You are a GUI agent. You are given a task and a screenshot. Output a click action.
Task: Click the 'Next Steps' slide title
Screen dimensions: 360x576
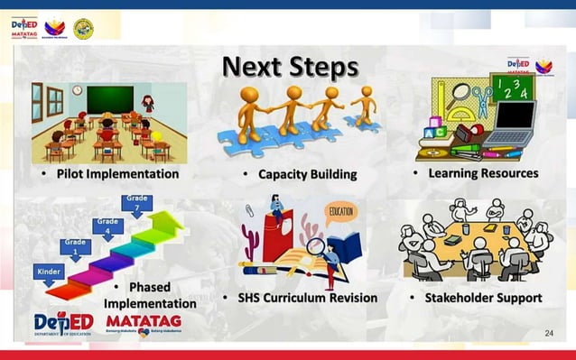tap(290, 67)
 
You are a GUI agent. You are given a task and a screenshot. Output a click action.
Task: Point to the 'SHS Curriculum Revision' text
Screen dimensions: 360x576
tap(299, 298)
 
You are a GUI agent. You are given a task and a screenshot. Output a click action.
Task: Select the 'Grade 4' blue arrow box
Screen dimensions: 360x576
tap(107, 226)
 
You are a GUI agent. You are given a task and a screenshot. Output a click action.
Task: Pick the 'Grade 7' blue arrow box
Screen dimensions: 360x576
tap(137, 203)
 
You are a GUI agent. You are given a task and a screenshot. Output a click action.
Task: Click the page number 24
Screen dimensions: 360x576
tap(549, 334)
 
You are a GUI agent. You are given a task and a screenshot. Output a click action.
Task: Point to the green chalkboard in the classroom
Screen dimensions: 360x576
tap(109, 99)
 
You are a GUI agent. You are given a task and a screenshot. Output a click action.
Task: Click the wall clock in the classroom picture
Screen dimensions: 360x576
tap(77, 90)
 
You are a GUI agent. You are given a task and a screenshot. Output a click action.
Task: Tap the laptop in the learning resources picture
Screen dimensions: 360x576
tap(511, 124)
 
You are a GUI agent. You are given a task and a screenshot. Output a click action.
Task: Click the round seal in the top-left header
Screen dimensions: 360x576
tap(83, 28)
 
